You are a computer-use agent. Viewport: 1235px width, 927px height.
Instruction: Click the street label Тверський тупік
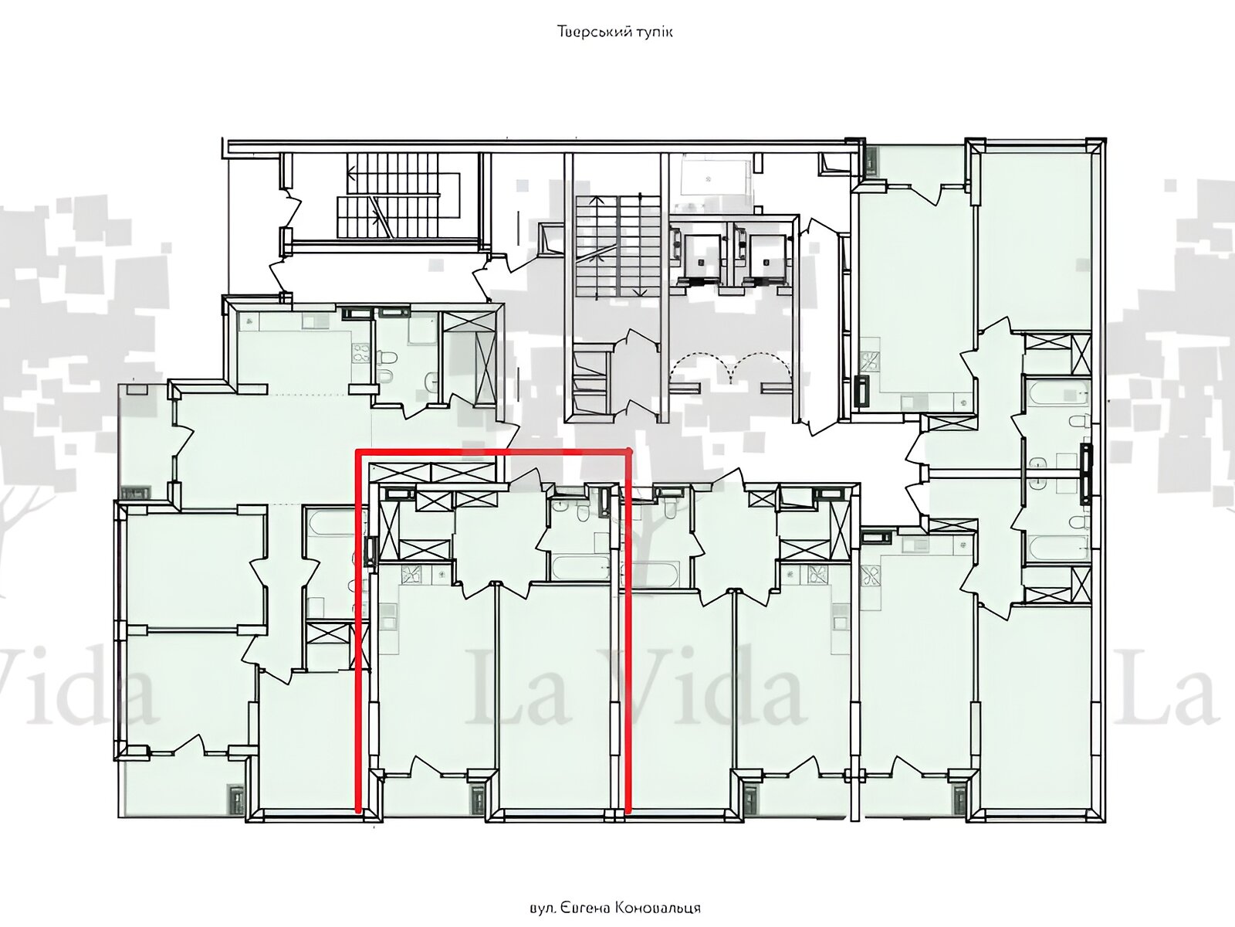click(615, 32)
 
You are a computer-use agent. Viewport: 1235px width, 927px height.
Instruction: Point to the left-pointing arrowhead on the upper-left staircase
click(352, 169)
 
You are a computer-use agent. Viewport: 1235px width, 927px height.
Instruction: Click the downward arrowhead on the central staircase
click(638, 291)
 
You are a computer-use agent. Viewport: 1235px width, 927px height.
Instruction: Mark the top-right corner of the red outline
click(628, 451)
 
